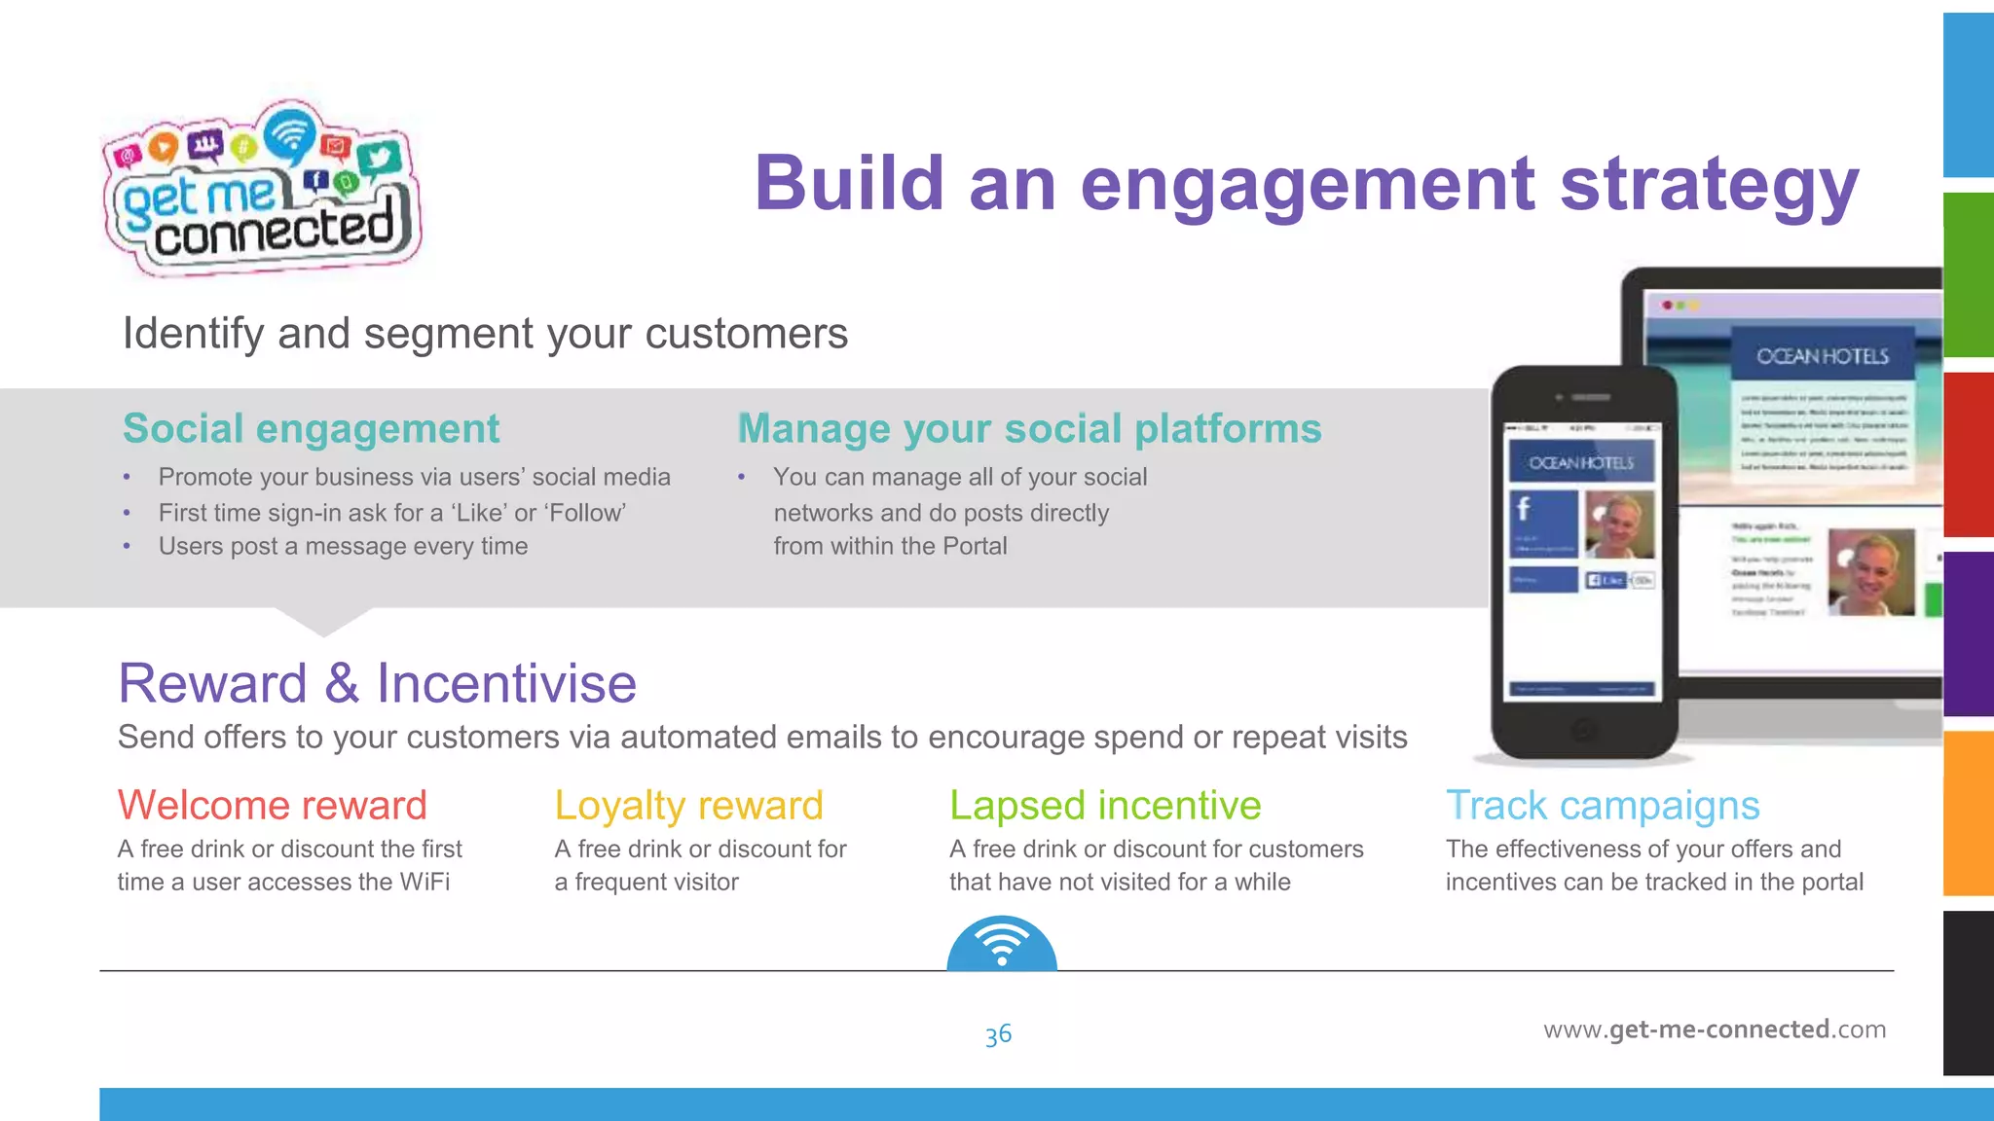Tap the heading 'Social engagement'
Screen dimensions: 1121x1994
point(311,429)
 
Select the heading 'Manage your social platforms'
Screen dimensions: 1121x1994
point(1029,429)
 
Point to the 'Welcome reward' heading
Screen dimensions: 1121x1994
point(272,806)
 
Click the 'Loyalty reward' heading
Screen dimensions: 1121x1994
point(688,806)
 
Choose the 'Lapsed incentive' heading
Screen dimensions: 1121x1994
point(1105,806)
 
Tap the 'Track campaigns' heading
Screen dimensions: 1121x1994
point(1602,806)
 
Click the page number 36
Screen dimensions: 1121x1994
point(998,1034)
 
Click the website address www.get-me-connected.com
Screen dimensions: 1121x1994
point(1714,1030)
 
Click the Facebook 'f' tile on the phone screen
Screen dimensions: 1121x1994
point(1542,523)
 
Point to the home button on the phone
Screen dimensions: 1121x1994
point(1583,728)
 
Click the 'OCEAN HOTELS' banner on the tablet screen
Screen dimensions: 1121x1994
point(1822,357)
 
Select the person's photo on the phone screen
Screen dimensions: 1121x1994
point(1619,524)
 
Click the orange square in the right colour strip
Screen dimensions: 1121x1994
point(1968,813)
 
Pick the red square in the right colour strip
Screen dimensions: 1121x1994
point(1968,453)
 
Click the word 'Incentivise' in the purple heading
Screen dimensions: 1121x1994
point(506,683)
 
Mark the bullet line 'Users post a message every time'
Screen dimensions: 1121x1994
point(343,547)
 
